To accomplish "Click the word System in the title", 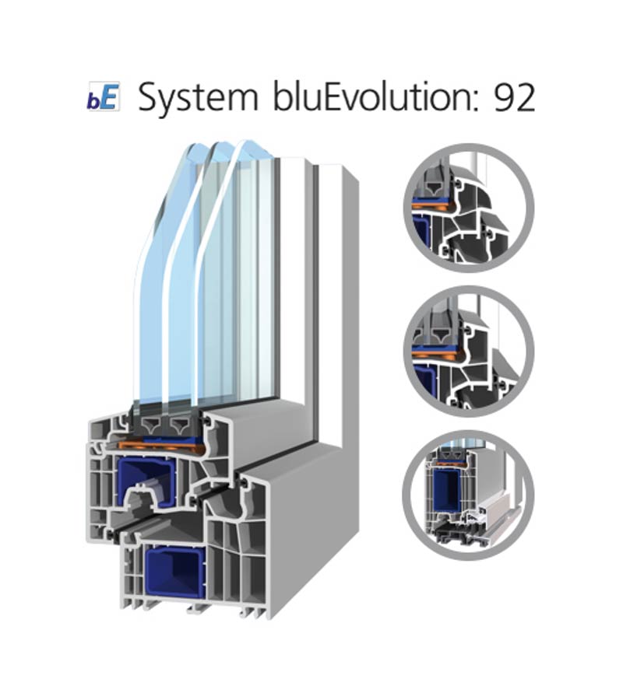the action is click(198, 98).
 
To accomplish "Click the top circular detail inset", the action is click(468, 208).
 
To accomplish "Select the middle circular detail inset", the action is click(468, 352).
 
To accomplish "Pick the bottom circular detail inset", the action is click(468, 495).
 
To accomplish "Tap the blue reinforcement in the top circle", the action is click(420, 234).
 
